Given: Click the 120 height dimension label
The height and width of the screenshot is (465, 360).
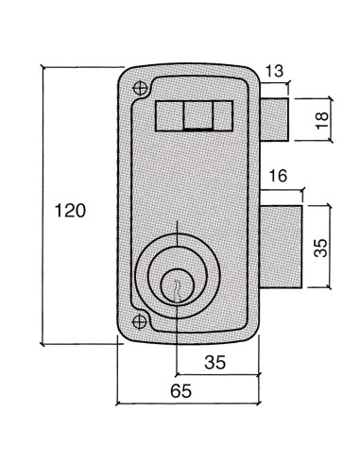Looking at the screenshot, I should coord(70,211).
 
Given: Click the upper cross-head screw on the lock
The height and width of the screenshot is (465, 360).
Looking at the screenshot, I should coord(141,89).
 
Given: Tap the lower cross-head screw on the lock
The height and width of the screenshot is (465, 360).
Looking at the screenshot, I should coord(141,320).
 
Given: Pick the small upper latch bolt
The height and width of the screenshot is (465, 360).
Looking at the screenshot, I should coord(274,118).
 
